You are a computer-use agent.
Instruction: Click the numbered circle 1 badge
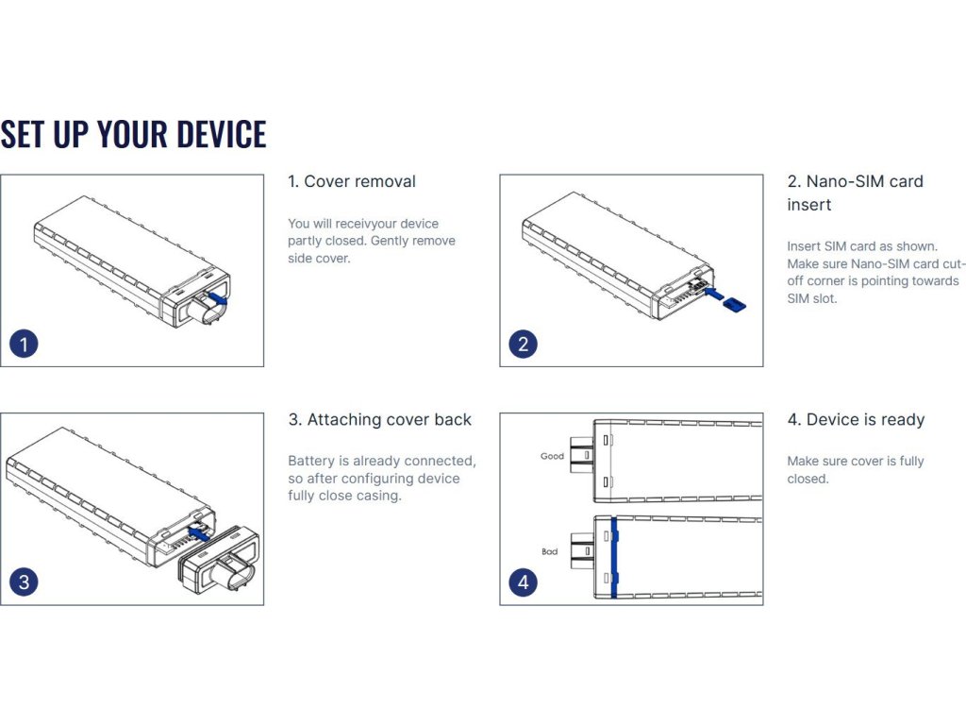point(24,344)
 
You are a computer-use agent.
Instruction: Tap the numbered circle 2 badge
point(524,344)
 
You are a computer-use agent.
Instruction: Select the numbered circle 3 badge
point(24,582)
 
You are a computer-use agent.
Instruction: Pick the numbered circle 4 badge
point(524,582)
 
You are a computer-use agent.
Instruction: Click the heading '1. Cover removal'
point(352,181)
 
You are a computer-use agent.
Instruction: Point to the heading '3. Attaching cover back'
point(379,419)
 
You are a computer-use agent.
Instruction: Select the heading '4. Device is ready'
point(856,419)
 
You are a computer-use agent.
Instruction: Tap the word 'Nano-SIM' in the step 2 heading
point(846,181)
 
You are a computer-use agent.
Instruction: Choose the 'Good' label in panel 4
point(552,456)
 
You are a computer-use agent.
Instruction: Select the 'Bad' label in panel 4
point(549,551)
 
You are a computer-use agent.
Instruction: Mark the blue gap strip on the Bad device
point(613,557)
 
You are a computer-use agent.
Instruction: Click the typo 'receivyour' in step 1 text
point(358,224)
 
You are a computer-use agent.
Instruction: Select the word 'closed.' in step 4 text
point(808,479)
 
